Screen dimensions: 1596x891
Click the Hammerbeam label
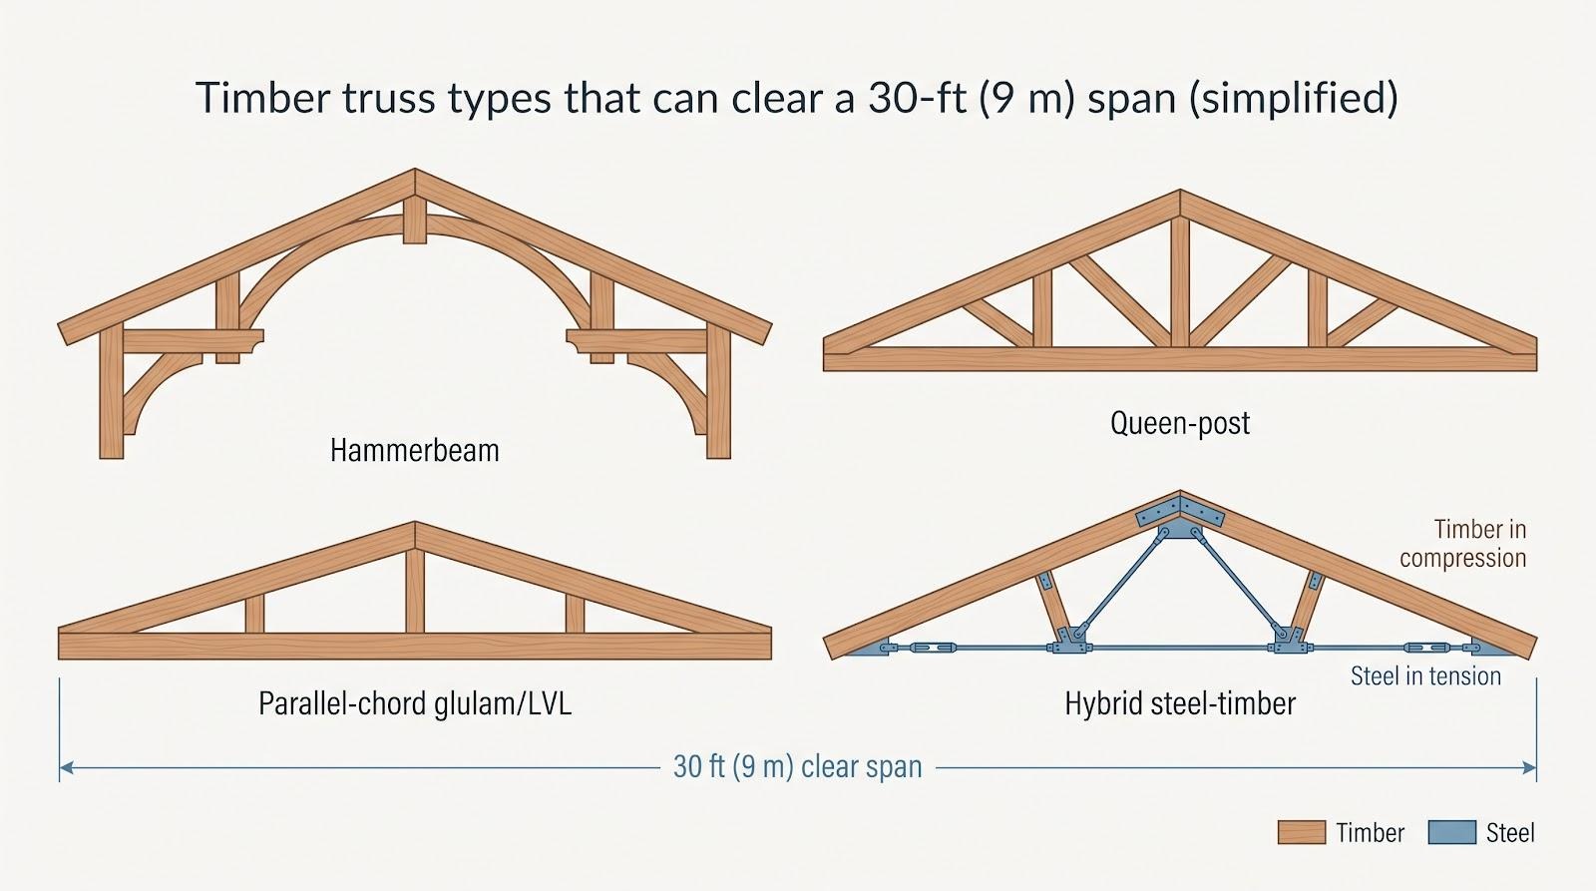point(415,451)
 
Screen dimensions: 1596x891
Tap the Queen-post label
point(1180,423)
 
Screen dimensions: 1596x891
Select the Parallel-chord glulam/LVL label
point(415,704)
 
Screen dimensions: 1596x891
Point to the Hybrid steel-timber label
point(1180,704)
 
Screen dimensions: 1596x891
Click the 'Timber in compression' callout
point(1463,543)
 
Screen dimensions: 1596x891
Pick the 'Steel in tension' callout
point(1425,675)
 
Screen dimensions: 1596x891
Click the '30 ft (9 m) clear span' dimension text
point(798,767)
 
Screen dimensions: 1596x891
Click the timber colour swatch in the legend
point(1301,832)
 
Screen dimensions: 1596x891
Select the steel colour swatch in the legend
point(1452,832)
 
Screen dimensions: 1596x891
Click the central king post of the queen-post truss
point(1180,280)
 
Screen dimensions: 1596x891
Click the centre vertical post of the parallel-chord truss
point(415,591)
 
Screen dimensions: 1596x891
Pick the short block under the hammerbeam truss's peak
point(415,221)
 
